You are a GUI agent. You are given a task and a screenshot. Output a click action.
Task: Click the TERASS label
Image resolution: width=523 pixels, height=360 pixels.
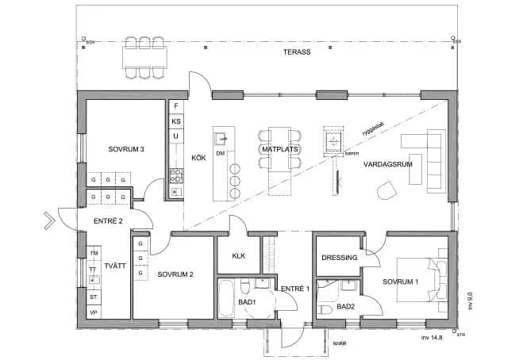298,52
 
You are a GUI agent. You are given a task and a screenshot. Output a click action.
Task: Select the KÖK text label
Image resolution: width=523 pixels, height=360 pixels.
198,158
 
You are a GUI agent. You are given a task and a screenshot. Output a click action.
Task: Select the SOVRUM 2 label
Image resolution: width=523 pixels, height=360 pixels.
175,274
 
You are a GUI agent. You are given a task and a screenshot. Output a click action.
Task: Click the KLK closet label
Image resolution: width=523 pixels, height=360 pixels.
239,256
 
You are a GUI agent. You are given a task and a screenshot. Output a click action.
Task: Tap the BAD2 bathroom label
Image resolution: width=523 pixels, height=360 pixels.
345,306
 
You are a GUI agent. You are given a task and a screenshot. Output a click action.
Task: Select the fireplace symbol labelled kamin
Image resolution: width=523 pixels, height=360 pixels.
333,141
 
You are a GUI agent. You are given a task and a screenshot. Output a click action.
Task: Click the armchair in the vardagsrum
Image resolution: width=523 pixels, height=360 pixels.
388,190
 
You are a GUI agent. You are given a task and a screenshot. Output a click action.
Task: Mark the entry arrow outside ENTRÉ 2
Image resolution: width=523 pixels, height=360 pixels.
50,220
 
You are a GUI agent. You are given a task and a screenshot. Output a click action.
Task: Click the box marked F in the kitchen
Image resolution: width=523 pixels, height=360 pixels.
175,105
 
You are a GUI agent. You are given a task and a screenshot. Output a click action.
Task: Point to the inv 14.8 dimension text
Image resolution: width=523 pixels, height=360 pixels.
436,336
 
